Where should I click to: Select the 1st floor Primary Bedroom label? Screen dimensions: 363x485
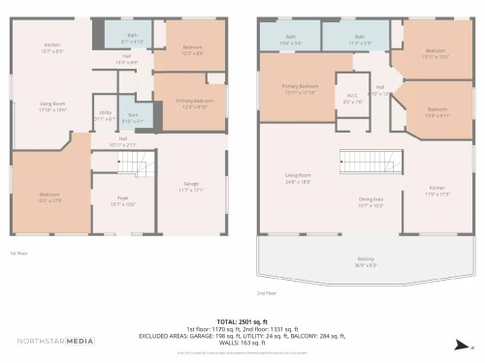click(195, 103)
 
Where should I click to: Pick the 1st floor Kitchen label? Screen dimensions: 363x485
click(52, 47)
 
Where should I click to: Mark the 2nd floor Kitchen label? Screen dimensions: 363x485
click(436, 190)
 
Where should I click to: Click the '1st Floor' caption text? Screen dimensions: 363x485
click(18, 253)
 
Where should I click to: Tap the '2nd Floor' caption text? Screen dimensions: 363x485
click(267, 291)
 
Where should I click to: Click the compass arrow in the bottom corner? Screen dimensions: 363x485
click(459, 345)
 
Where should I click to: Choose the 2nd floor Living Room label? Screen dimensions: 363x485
click(297, 177)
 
